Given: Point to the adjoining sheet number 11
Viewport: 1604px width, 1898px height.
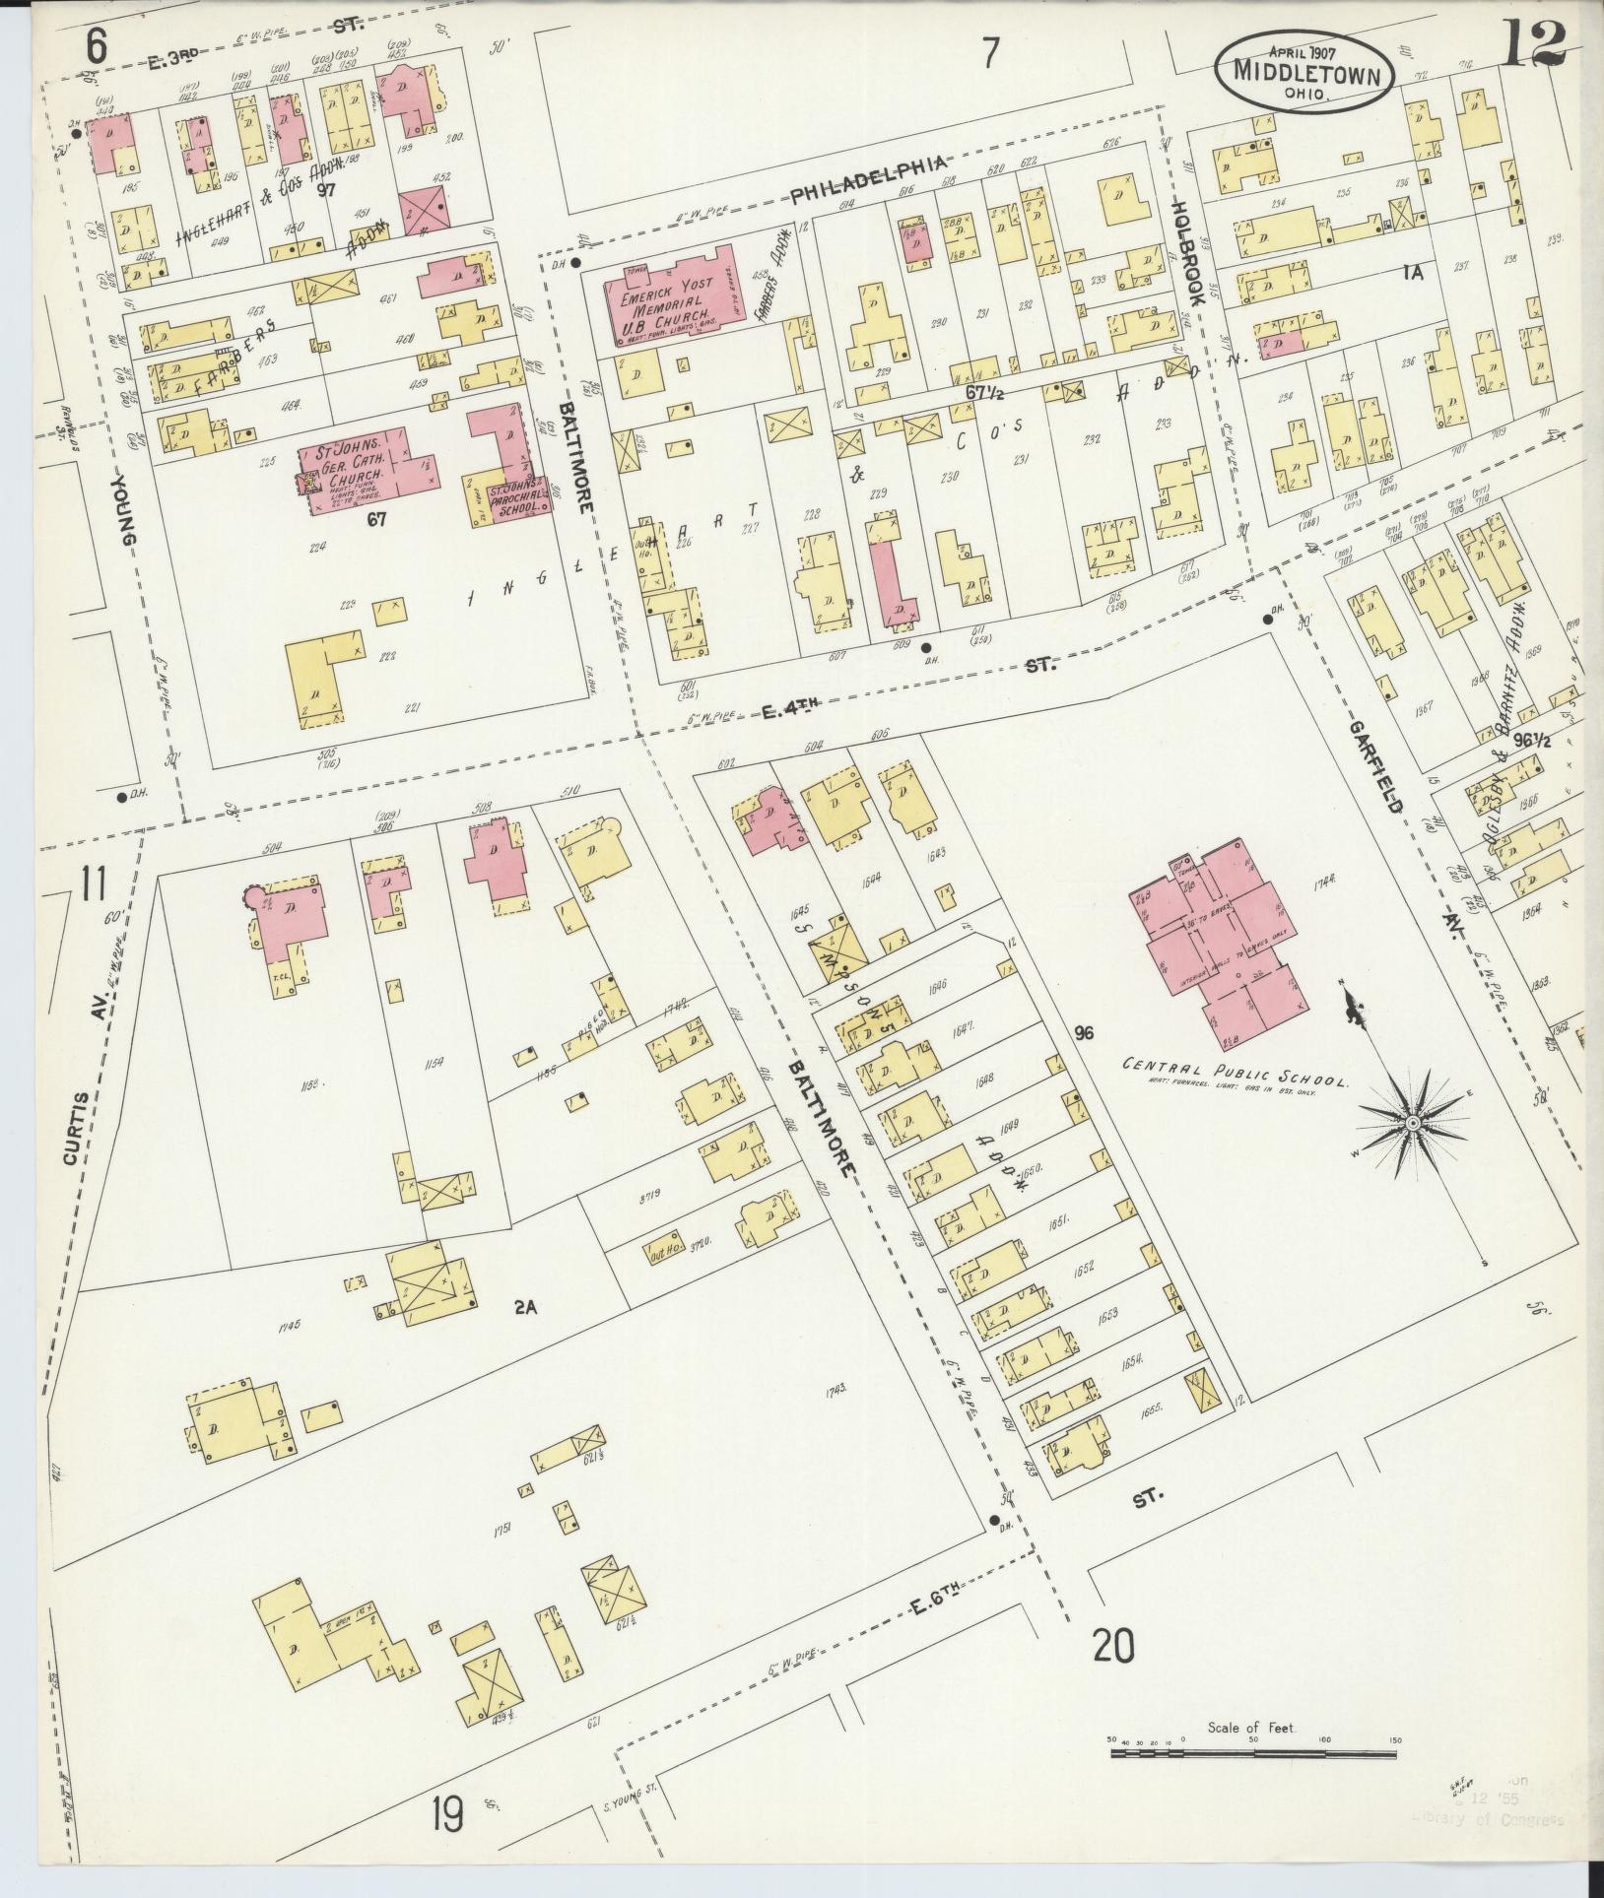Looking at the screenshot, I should point(93,882).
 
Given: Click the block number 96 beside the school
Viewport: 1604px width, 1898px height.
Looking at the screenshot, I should point(1085,1033).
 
